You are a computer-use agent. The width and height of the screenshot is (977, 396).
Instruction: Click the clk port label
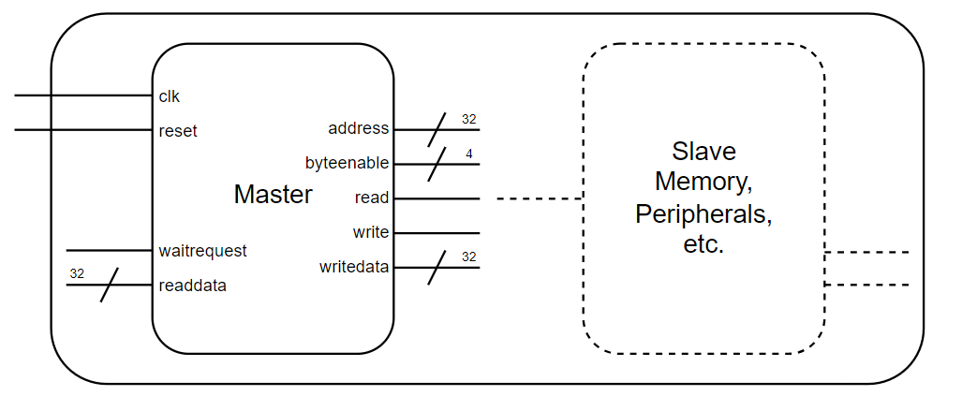pos(170,96)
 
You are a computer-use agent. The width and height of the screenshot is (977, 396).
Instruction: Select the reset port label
pos(178,131)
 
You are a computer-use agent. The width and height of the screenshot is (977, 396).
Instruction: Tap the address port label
pos(358,128)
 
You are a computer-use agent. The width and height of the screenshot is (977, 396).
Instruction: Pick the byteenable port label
pos(347,163)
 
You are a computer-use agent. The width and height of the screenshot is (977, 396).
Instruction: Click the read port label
pos(371,198)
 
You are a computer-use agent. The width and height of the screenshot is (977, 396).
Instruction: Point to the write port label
pos(371,232)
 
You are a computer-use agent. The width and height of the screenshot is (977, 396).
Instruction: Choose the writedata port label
pos(353,268)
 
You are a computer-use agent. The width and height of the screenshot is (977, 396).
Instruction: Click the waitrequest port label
pos(203,251)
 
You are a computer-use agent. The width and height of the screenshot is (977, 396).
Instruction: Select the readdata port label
pos(193,286)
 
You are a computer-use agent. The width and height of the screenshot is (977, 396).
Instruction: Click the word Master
pos(273,195)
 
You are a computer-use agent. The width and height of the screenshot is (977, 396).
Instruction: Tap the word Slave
pos(703,152)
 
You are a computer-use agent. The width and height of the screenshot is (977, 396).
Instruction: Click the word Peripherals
pos(703,213)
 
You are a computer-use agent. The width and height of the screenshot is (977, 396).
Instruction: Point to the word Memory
pos(703,182)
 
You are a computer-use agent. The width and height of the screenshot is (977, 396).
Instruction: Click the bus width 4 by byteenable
pos(468,153)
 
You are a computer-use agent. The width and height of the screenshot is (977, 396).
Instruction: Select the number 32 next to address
pos(469,119)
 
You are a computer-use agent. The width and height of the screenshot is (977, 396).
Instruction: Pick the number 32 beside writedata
pos(469,257)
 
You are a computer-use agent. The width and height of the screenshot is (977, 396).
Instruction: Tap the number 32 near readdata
pos(77,273)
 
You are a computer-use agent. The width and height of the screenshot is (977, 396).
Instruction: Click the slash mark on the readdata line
pos(110,285)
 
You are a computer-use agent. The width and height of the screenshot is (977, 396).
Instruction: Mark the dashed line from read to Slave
pos(539,198)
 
